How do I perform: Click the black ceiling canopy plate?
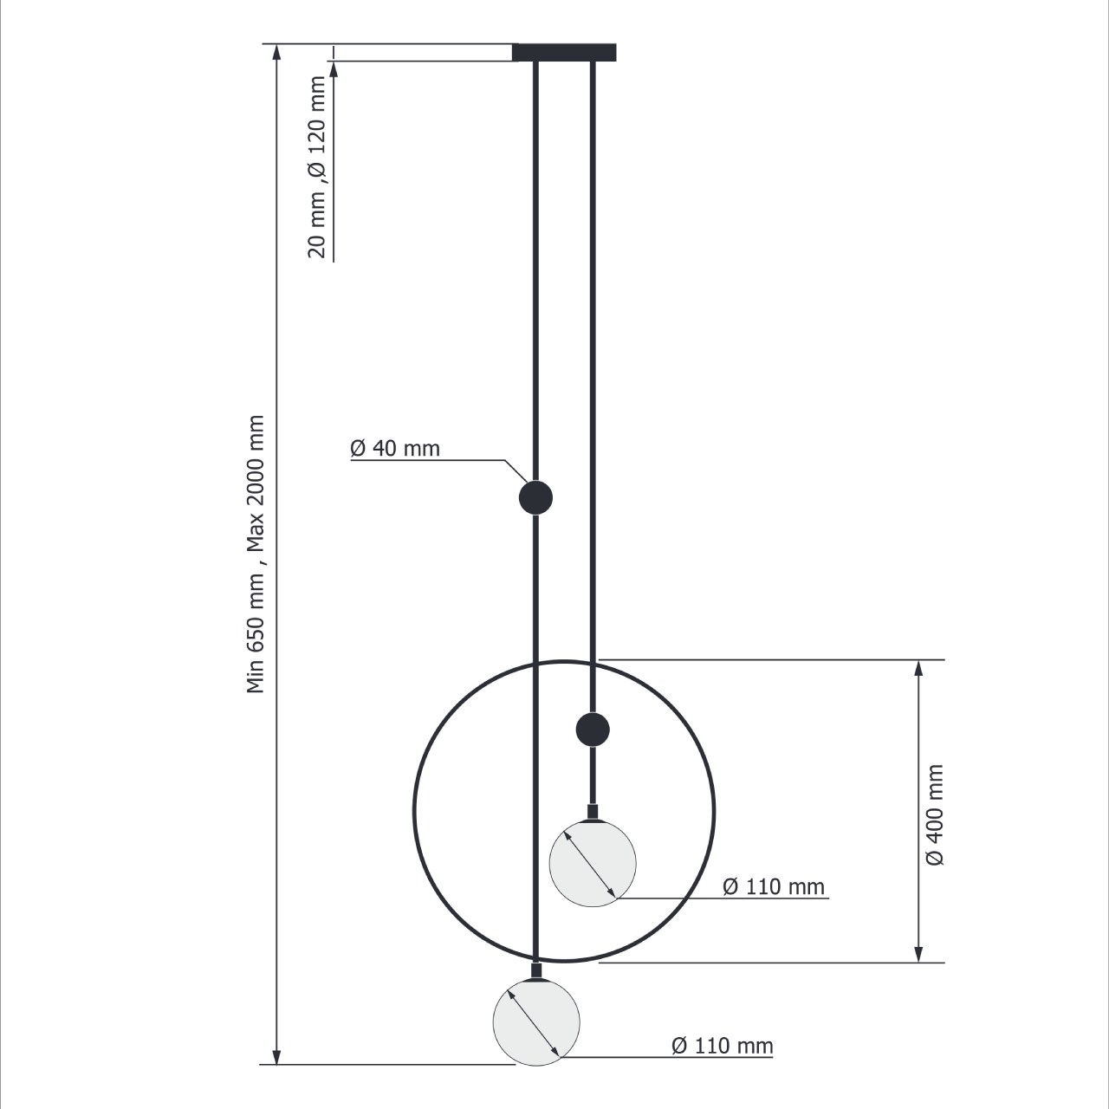coord(564,52)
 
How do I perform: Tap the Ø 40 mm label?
coord(395,448)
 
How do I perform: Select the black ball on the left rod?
coord(535,497)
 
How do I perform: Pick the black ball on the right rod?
coord(593,730)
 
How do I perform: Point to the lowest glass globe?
coord(536,1022)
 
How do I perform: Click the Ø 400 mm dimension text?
coord(935,815)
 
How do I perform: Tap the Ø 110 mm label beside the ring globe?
coord(774,887)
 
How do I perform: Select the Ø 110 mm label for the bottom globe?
coord(723,1046)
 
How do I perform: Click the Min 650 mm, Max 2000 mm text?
coord(255,554)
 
